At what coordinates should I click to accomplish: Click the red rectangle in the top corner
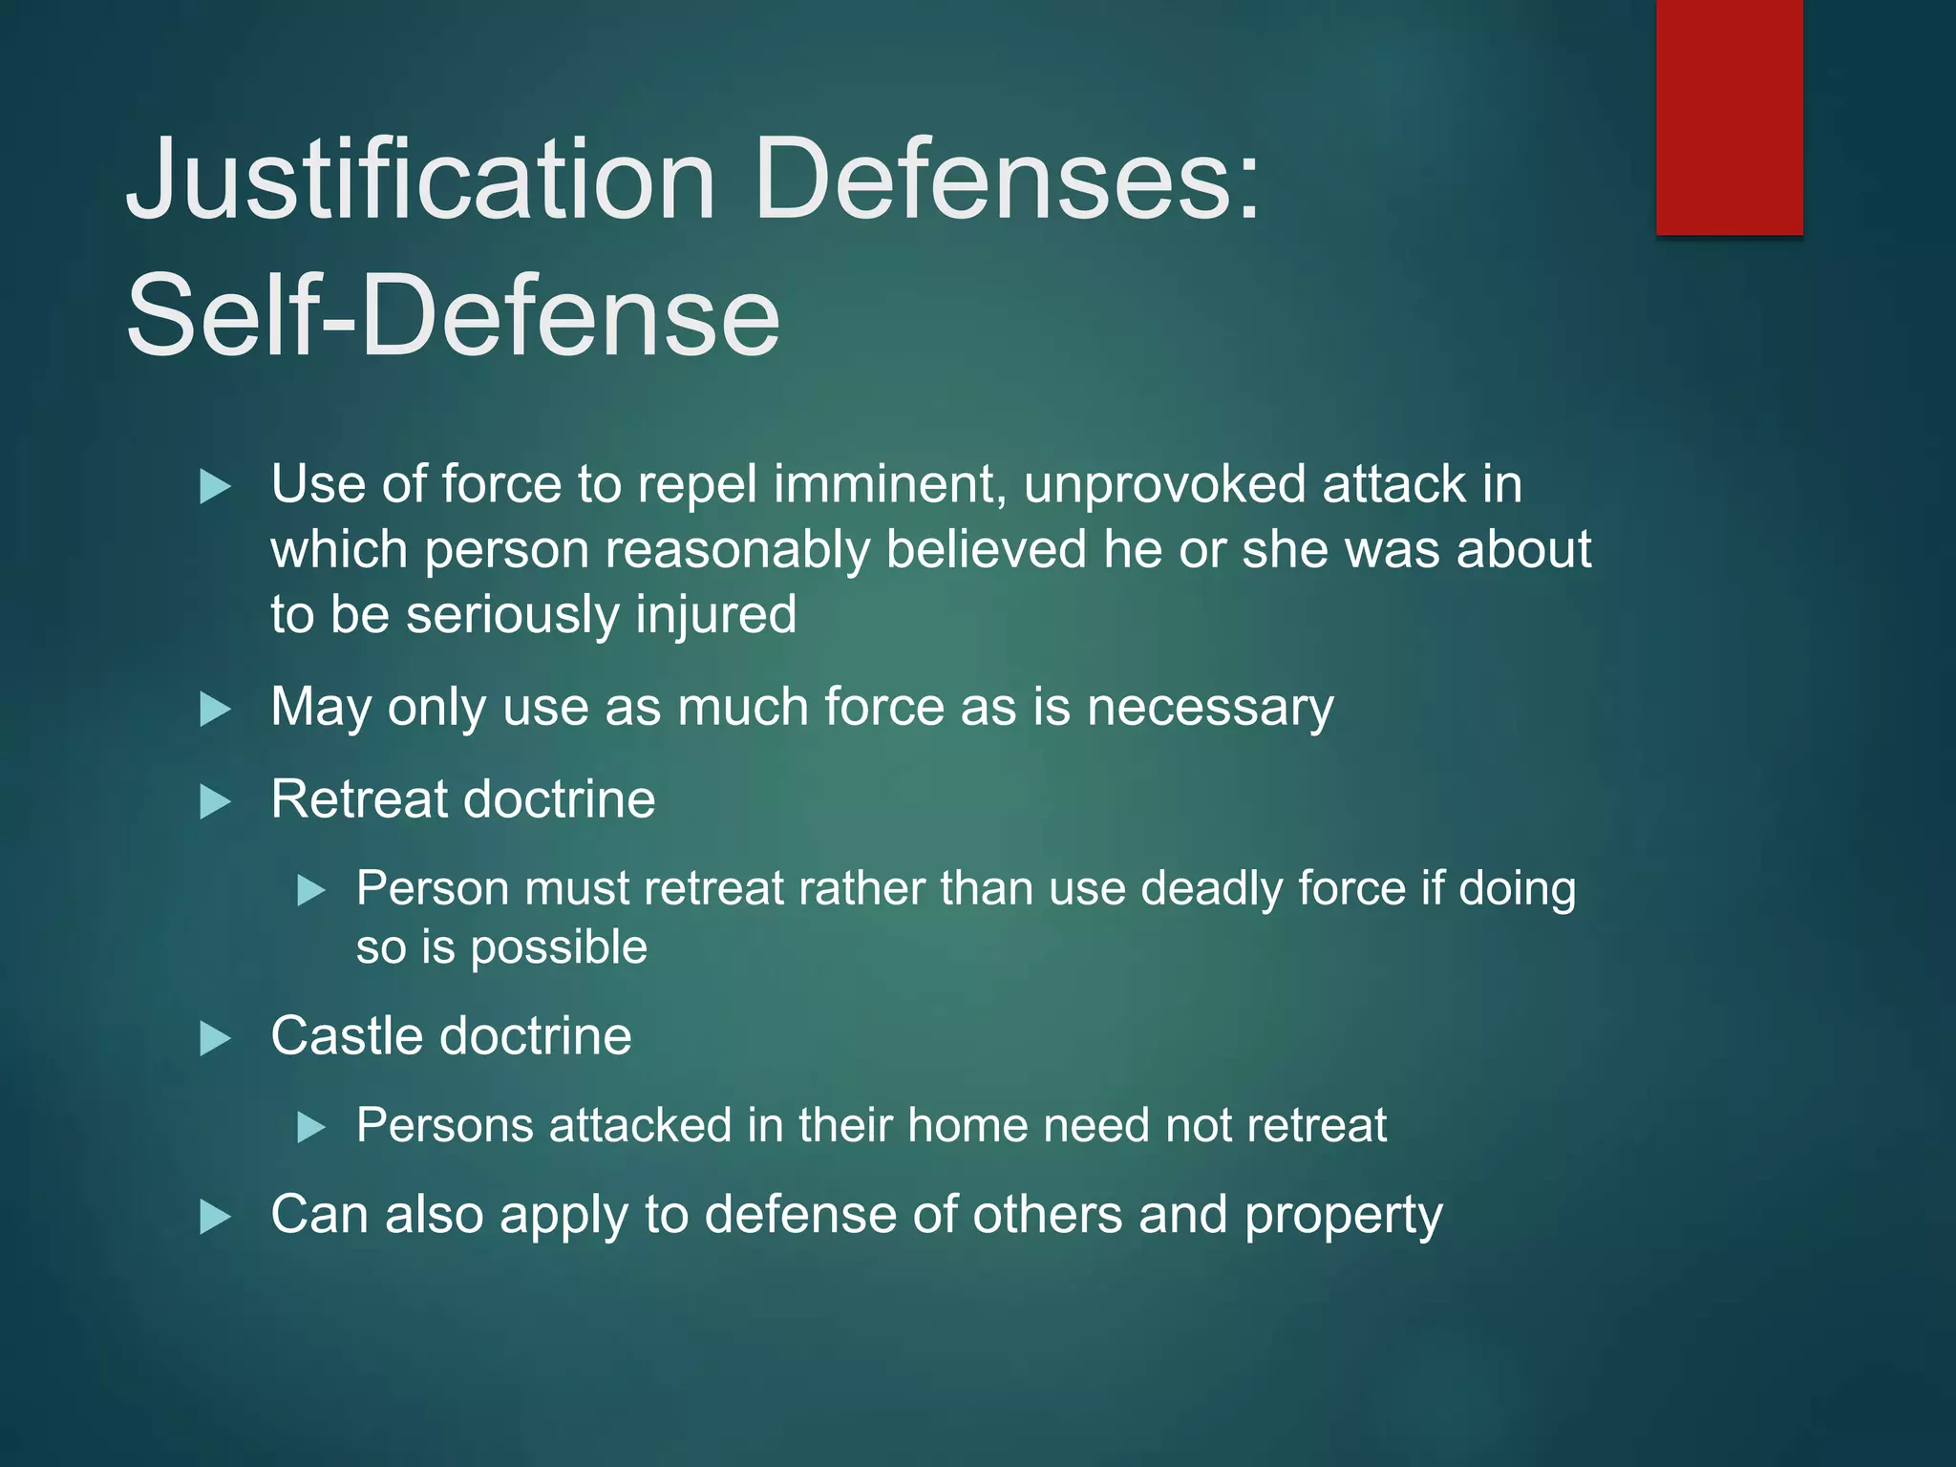(x=1729, y=117)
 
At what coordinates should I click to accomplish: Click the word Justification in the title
(x=420, y=180)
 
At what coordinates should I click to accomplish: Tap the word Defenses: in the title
(x=1008, y=180)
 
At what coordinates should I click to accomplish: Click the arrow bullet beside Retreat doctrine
(x=215, y=801)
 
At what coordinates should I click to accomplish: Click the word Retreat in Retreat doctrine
(x=358, y=799)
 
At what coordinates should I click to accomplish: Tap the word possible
(x=559, y=948)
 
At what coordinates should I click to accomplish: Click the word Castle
(x=345, y=1036)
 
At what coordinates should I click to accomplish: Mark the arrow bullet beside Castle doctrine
(x=215, y=1038)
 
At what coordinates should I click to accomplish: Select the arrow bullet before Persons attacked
(x=311, y=1127)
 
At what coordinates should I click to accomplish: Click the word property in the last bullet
(x=1343, y=1217)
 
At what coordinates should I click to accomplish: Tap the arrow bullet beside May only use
(x=215, y=710)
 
